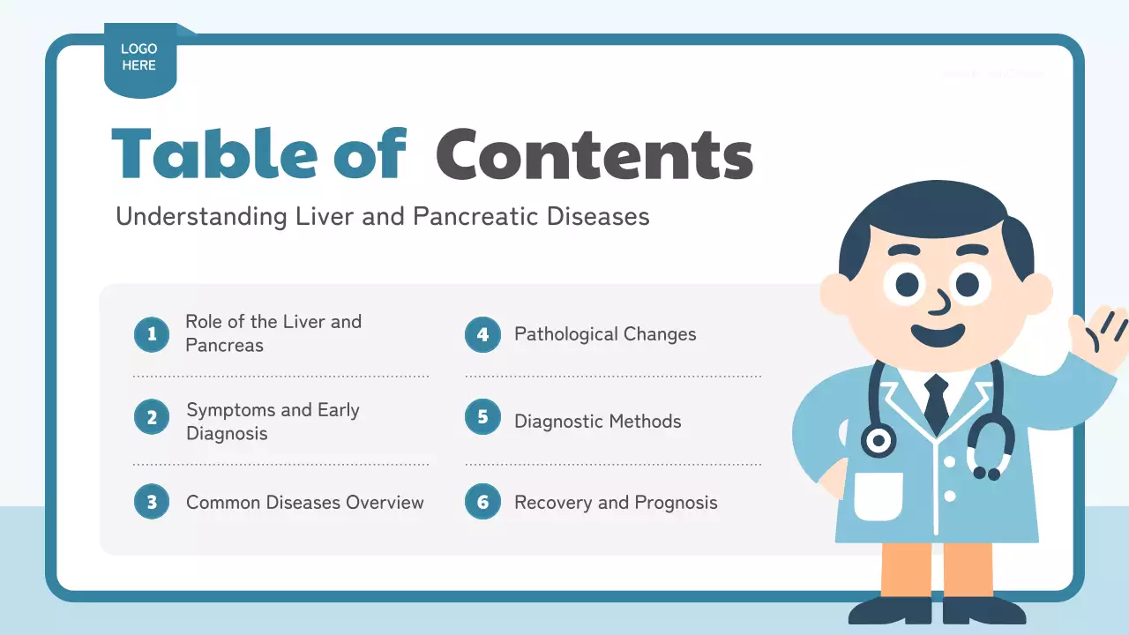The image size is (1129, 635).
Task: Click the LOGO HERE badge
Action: click(139, 58)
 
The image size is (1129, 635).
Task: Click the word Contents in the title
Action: click(594, 155)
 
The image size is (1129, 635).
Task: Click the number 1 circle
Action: click(152, 334)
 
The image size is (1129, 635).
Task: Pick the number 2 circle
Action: click(152, 417)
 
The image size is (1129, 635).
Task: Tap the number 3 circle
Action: click(152, 502)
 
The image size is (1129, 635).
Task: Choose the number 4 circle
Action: click(482, 334)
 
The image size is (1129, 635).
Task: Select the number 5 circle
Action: click(482, 417)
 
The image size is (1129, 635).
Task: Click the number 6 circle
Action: click(482, 502)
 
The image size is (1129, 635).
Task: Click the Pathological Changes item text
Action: click(605, 334)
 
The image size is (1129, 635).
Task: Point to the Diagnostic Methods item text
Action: click(597, 422)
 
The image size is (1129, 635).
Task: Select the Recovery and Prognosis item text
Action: click(616, 503)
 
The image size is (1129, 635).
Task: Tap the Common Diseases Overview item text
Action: click(304, 503)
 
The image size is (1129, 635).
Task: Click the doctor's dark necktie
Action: click(936, 401)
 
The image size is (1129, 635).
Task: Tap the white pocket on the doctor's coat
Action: click(879, 495)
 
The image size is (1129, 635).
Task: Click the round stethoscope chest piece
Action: click(879, 440)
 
